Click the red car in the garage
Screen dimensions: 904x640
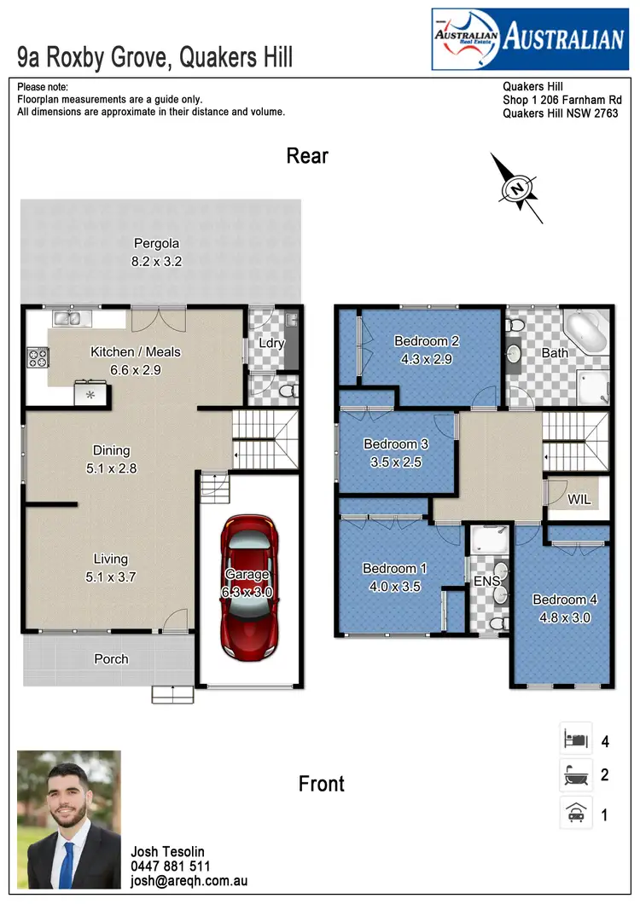[247, 587]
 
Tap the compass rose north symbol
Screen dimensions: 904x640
[515, 188]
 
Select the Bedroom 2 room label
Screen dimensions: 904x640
[427, 342]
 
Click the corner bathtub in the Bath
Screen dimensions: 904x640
[585, 333]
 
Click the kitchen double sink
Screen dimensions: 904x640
[67, 319]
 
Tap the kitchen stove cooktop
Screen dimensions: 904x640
[38, 356]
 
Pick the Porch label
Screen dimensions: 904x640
[111, 658]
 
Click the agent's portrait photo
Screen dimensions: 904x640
[69, 820]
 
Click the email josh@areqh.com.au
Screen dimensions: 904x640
[189, 882]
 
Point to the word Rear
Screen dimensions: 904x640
[307, 156]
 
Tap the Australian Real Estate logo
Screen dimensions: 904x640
[528, 39]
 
